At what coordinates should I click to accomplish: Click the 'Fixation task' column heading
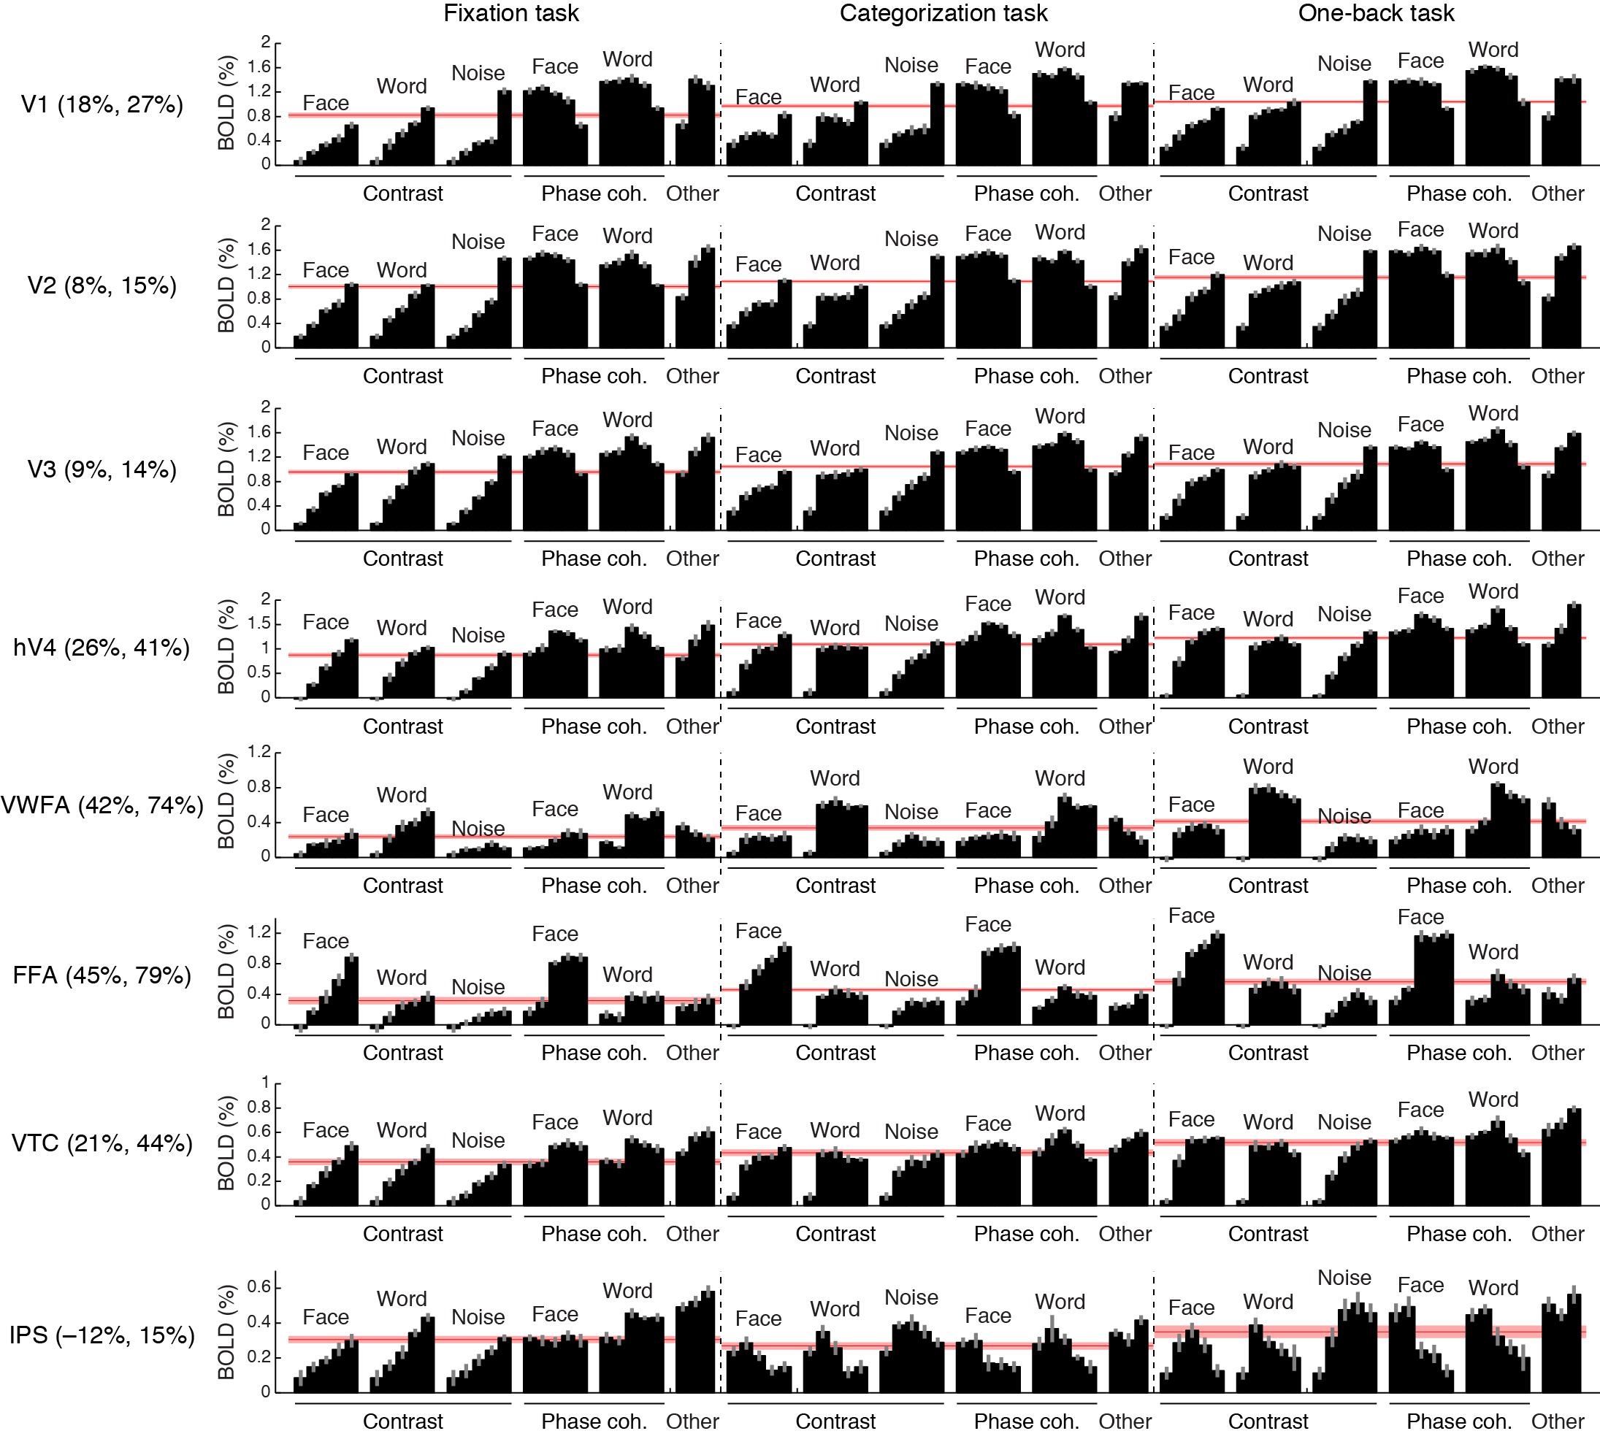tap(511, 13)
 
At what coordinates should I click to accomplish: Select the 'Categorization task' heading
tap(943, 13)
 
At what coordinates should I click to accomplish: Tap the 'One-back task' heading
tap(1375, 13)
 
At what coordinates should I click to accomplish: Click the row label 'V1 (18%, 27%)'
tap(102, 104)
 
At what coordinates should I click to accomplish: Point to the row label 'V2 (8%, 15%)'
tap(102, 285)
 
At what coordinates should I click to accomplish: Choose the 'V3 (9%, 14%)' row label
tap(102, 469)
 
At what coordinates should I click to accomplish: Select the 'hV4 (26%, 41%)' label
tap(102, 648)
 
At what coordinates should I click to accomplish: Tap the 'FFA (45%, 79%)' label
tap(102, 975)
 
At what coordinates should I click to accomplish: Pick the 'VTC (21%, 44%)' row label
tap(102, 1143)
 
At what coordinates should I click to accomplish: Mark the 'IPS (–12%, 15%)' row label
tap(102, 1335)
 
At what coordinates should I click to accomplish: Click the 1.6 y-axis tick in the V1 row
tap(259, 67)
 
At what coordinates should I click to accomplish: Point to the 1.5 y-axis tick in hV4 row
tap(259, 623)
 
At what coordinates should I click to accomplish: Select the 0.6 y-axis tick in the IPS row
tap(259, 1287)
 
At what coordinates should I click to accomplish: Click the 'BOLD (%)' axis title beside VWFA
tap(227, 801)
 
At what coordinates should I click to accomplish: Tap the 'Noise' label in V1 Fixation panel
tap(478, 74)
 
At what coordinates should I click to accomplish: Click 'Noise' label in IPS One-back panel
tap(1344, 1278)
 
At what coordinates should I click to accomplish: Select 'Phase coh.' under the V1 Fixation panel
tap(593, 193)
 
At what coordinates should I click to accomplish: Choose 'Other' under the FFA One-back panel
tap(1558, 1054)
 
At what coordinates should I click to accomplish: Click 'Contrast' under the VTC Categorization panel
tap(835, 1235)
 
